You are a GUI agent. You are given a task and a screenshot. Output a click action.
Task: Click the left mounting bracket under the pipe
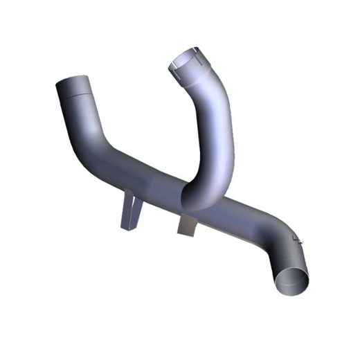coord(129,212)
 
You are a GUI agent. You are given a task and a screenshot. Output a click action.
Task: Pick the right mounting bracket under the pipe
coord(187,225)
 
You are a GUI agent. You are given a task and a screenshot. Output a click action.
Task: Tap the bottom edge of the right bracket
coord(186,231)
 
